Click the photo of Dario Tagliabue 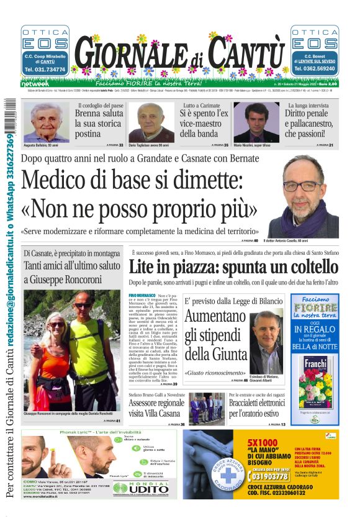tap(151, 121)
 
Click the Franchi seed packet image tap(315, 382)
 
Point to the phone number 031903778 tap(269, 476)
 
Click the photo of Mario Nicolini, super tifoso tap(257, 121)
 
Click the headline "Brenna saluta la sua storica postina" tap(99, 124)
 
